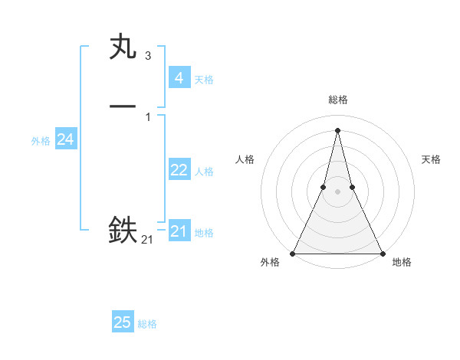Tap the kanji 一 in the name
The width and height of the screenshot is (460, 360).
click(123, 107)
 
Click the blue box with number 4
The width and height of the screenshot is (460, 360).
click(179, 77)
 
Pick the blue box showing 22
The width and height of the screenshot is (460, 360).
click(179, 170)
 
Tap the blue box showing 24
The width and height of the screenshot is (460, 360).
click(65, 139)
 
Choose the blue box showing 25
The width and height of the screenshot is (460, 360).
click(123, 322)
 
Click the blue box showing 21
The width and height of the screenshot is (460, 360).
click(179, 231)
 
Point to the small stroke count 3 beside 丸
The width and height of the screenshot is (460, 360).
click(148, 56)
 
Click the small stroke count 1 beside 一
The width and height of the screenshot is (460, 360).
click(148, 116)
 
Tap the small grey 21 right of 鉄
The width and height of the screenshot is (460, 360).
click(147, 240)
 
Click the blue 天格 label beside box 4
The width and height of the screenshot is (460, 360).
click(204, 80)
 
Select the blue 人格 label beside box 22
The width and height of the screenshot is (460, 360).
click(204, 172)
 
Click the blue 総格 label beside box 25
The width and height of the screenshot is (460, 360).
click(147, 324)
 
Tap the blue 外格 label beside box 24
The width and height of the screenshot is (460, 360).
click(41, 141)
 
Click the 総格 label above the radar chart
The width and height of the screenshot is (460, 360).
click(337, 100)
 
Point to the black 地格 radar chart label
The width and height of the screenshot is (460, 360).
click(402, 263)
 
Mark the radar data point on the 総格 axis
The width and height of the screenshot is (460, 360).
click(337, 129)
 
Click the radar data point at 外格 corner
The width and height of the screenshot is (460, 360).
click(293, 253)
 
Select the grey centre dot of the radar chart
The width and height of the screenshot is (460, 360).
click(337, 191)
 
